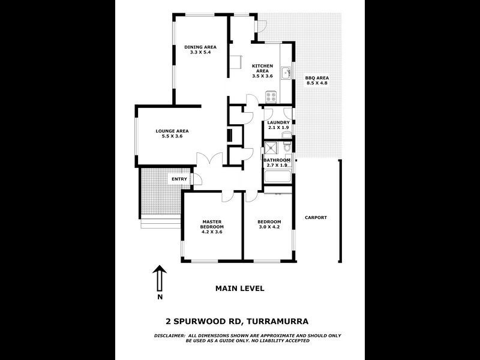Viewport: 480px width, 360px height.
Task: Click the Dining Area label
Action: tap(200, 47)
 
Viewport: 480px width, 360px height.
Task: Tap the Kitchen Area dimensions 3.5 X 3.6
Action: tap(262, 76)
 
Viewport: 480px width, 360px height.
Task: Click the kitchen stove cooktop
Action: tap(271, 96)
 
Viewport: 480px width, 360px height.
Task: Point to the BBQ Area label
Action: tap(317, 78)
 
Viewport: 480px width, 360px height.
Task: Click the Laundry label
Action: tap(278, 122)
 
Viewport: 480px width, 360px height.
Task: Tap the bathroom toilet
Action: tap(287, 147)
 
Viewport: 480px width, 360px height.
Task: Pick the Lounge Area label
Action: tap(172, 131)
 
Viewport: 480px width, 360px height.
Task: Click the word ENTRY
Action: tap(179, 179)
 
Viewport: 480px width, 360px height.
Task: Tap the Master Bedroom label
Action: tap(212, 224)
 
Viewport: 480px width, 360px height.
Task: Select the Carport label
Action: tap(316, 217)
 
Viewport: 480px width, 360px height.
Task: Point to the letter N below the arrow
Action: tap(160, 297)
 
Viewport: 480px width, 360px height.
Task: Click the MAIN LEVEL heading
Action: tap(239, 289)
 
